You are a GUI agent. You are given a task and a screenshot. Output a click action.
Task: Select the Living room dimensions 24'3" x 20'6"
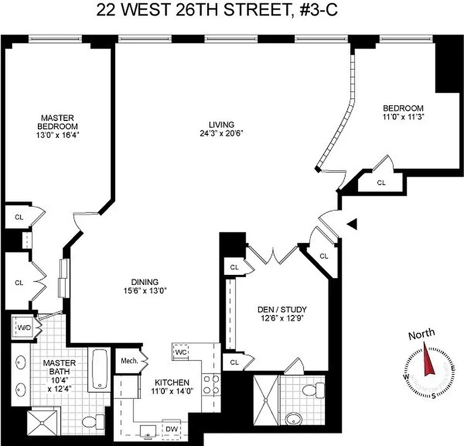coord(221,133)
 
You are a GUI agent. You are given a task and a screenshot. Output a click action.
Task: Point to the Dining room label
coord(145,282)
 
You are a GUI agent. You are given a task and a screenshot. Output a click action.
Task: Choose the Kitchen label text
coord(172,382)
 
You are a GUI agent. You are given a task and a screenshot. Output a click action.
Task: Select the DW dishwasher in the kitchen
coord(172,428)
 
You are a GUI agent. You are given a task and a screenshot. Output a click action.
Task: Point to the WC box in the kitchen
coord(180,352)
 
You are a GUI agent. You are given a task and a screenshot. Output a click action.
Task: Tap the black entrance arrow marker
coord(352,224)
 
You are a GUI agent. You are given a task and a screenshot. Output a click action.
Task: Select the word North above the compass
coord(422,335)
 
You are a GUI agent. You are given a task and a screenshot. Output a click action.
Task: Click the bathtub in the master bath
coord(100,369)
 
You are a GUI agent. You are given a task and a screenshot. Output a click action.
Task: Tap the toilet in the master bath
coord(91,421)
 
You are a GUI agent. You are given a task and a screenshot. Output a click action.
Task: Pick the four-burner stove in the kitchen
coord(211,385)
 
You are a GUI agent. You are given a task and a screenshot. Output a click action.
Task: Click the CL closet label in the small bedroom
coord(381,182)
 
